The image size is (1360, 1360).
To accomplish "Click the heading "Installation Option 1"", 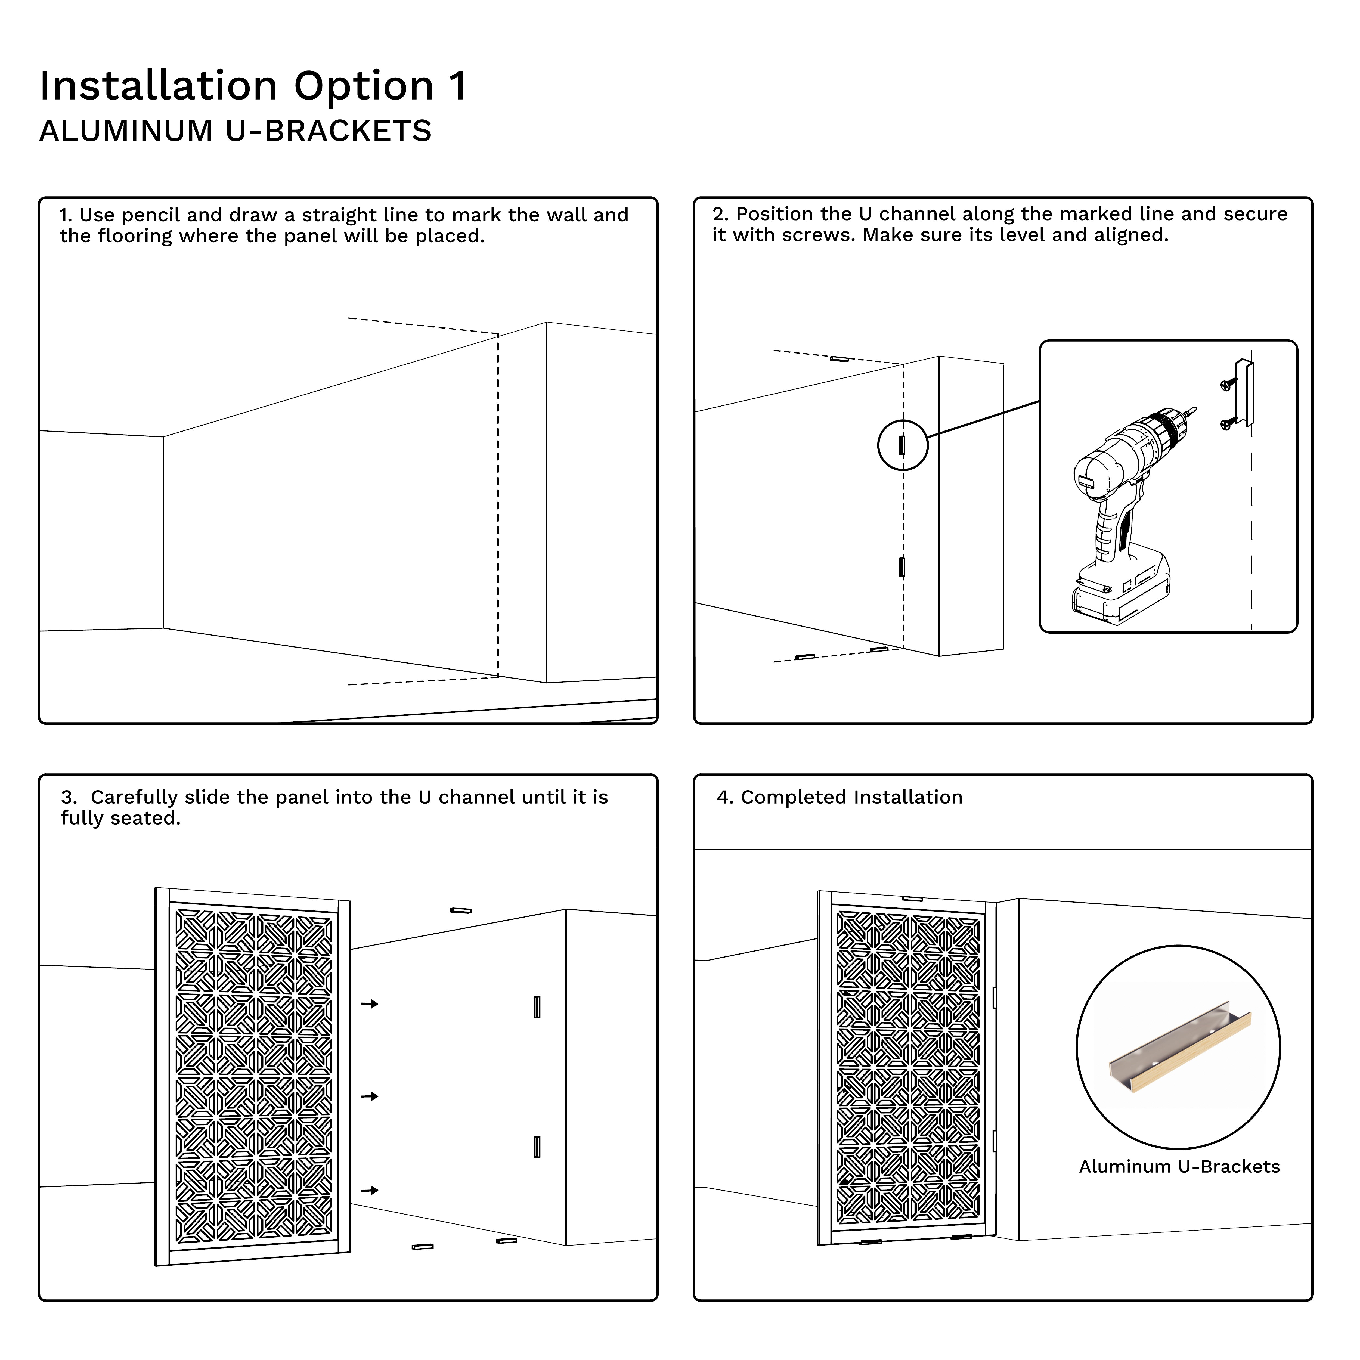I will tap(253, 86).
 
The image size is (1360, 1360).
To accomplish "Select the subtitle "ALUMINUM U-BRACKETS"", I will tap(235, 131).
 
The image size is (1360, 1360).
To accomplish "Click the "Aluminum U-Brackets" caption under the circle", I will tap(1179, 1166).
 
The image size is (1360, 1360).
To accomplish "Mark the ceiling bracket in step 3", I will tap(460, 910).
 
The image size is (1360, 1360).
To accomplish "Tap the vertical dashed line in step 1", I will tap(498, 507).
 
